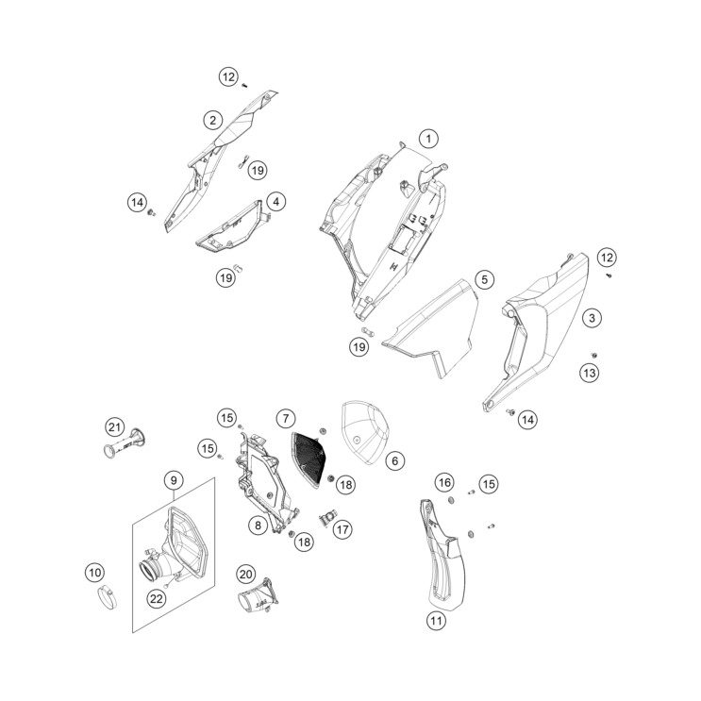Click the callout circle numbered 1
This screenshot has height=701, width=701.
(428, 139)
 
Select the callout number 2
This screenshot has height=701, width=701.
(213, 120)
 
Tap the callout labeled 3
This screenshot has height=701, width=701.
(592, 318)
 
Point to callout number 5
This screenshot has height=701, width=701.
(484, 280)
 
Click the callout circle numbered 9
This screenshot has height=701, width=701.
(174, 480)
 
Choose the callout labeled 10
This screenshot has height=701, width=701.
(94, 573)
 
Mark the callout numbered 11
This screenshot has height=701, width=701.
(436, 621)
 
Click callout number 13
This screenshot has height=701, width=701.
(590, 373)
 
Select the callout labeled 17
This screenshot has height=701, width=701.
(342, 530)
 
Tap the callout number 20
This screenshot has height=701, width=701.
(246, 574)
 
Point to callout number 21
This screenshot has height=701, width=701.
(114, 427)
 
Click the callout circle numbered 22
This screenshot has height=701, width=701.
(156, 598)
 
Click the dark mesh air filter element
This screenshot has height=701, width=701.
(310, 459)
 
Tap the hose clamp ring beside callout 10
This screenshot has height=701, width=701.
(108, 598)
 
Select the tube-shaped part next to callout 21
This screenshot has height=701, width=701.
(125, 443)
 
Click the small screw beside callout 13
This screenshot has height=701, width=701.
(594, 356)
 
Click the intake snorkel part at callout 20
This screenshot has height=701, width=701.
(259, 594)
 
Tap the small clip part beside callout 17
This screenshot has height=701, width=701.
(326, 518)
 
